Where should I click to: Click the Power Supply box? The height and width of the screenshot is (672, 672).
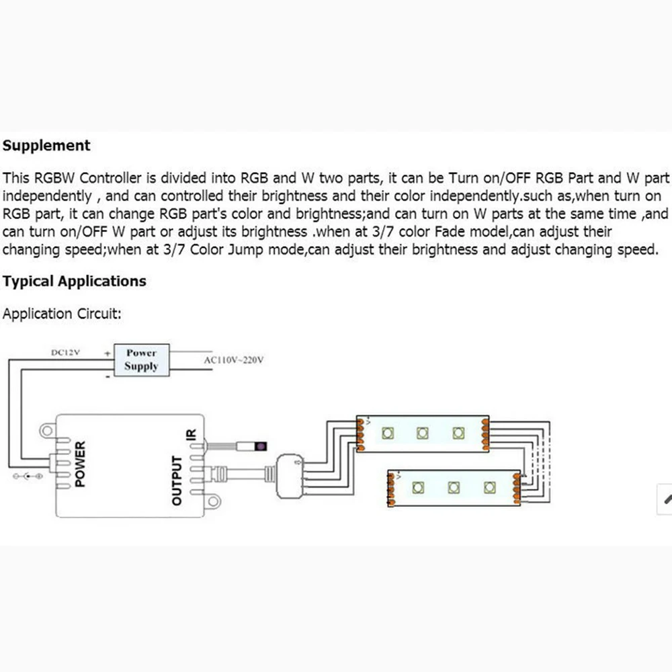pyautogui.click(x=141, y=360)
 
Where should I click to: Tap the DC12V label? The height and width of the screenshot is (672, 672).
pyautogui.click(x=65, y=352)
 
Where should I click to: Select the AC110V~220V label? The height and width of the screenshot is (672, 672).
pyautogui.click(x=234, y=360)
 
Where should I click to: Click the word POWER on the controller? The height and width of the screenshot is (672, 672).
pyautogui.click(x=80, y=464)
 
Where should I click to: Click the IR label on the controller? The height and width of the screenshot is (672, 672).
pyautogui.click(x=190, y=437)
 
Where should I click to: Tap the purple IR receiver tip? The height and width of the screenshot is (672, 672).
pyautogui.click(x=259, y=446)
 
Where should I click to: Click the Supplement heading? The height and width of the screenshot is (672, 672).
pyautogui.click(x=46, y=145)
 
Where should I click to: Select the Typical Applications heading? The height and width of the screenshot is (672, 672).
pyautogui.click(x=74, y=281)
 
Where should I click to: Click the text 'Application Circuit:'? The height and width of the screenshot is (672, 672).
pyautogui.click(x=62, y=314)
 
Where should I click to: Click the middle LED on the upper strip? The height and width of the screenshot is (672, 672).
pyautogui.click(x=423, y=433)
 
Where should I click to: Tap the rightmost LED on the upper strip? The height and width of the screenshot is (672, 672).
pyautogui.click(x=458, y=433)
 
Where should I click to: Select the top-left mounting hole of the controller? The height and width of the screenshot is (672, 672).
pyautogui.click(x=47, y=428)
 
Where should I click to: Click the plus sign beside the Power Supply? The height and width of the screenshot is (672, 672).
pyautogui.click(x=107, y=352)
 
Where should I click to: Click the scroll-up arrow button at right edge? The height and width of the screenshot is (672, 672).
pyautogui.click(x=666, y=499)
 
